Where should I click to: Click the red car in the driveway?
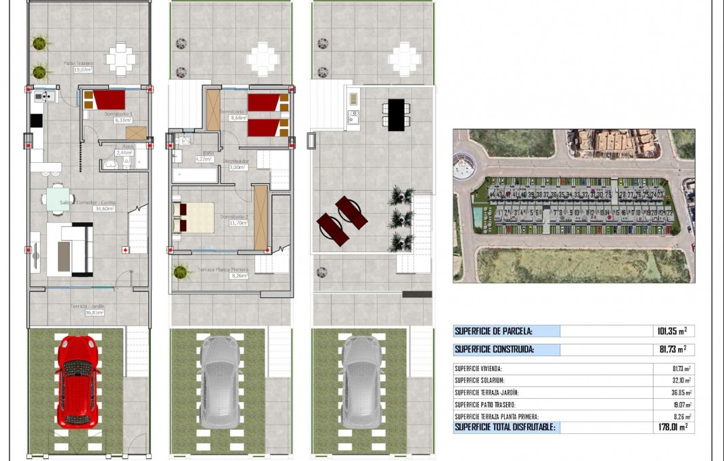76,381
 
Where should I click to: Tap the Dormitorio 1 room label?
118,114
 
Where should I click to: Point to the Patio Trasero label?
78,64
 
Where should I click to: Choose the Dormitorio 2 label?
234,217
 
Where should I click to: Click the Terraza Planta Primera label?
223,270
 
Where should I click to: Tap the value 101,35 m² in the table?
672,331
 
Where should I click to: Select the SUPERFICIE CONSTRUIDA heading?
495,349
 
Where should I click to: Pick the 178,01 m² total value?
672,427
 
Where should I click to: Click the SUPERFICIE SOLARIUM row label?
479,381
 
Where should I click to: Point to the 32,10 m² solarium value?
677,381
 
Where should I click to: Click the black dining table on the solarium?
396,113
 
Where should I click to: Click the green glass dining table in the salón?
58,199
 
